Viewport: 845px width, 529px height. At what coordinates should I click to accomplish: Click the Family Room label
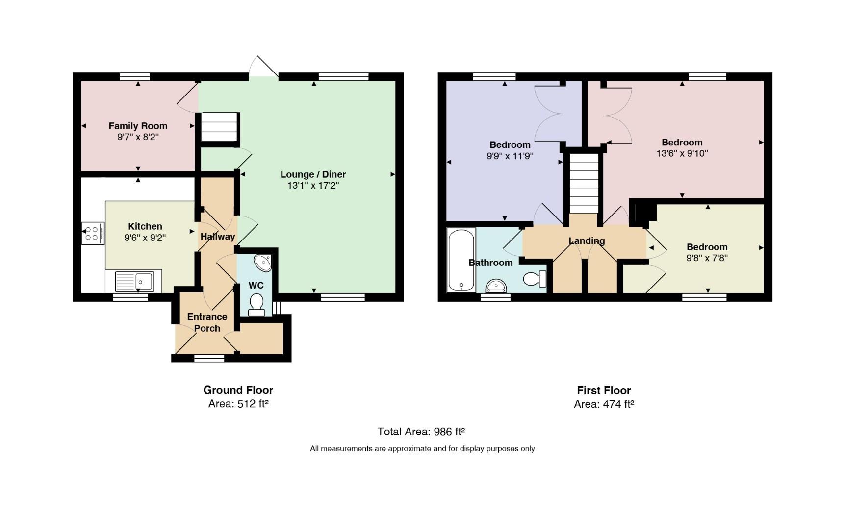click(x=138, y=126)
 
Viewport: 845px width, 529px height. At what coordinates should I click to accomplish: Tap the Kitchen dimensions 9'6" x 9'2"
click(x=145, y=238)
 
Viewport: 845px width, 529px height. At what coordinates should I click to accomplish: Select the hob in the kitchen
click(x=93, y=233)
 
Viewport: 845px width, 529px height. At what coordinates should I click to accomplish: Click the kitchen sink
click(x=134, y=282)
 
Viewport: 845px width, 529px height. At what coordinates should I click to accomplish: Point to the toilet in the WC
click(x=256, y=305)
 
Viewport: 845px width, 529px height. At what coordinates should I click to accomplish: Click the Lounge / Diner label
click(x=313, y=174)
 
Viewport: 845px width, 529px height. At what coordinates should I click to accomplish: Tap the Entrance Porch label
click(x=207, y=322)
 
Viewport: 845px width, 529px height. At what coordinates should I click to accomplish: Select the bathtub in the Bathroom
click(x=461, y=260)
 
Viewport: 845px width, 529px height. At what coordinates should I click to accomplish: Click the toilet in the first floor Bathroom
click(x=535, y=279)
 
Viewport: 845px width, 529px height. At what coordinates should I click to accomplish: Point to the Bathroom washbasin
click(x=496, y=286)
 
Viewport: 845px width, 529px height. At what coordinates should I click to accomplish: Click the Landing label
click(x=587, y=240)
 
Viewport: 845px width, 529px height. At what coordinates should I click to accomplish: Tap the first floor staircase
click(x=584, y=183)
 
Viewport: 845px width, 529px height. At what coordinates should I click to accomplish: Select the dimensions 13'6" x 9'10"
click(x=682, y=153)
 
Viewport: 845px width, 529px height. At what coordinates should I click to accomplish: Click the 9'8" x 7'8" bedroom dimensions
click(x=707, y=258)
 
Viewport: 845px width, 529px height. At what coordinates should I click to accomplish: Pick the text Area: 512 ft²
click(x=238, y=404)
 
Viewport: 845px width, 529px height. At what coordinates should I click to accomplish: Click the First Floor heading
click(x=604, y=390)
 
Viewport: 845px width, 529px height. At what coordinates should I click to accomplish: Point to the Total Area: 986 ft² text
click(x=421, y=432)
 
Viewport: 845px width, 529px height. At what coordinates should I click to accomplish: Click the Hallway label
click(x=218, y=237)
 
